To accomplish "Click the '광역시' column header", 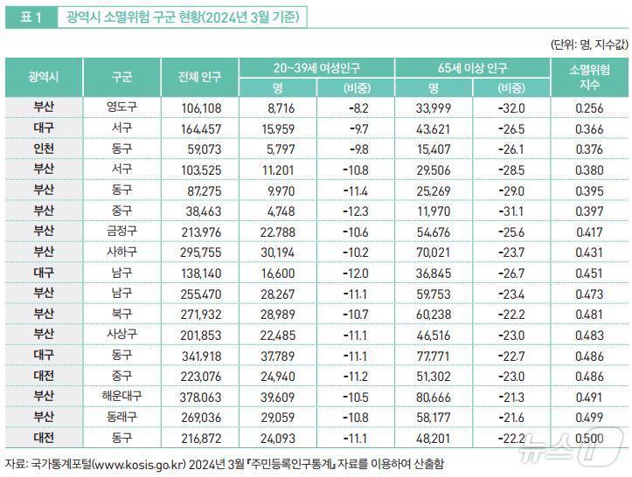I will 44,78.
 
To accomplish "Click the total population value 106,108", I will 199,107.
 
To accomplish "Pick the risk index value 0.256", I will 591,107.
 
